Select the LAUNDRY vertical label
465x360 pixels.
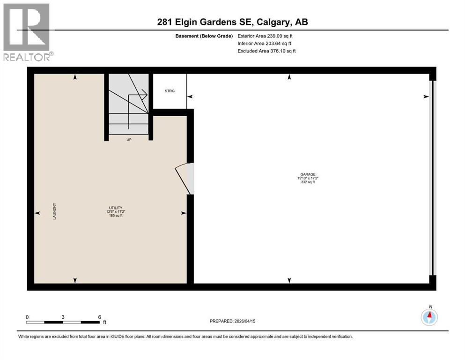point(54,211)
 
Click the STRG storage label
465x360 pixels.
point(170,91)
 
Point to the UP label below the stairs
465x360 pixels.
point(128,139)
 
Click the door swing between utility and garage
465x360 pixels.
point(184,179)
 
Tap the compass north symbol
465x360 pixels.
point(429,317)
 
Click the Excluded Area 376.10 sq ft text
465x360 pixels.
point(266,51)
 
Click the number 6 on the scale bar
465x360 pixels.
point(99,317)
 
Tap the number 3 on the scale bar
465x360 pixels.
point(63,317)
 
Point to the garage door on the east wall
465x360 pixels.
point(433,178)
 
